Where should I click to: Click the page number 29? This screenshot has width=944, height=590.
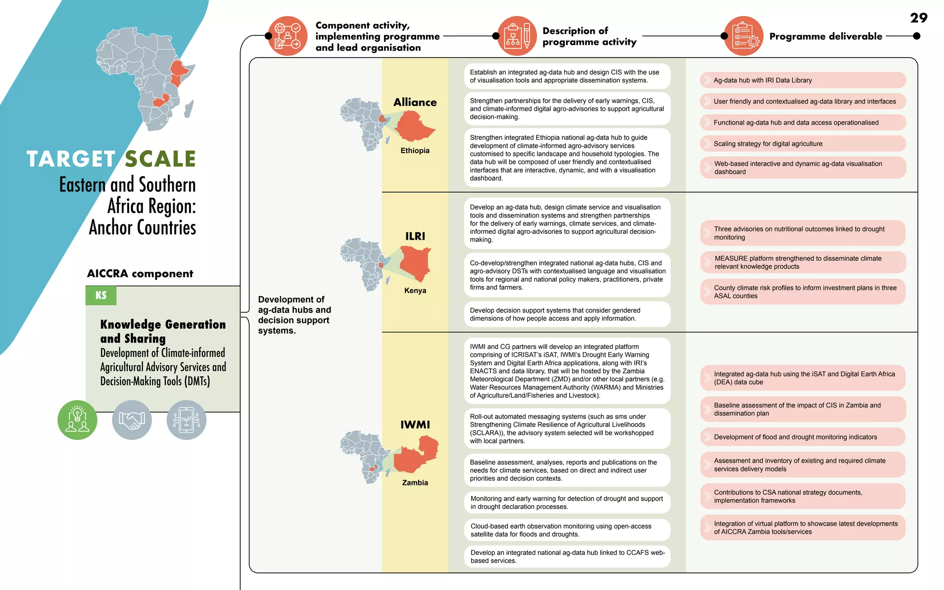[918, 18]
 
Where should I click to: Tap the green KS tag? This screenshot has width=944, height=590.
[101, 295]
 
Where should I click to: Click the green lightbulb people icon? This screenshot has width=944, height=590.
[77, 420]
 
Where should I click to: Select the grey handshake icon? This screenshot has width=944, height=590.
[132, 420]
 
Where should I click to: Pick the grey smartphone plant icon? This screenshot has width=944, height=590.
[186, 420]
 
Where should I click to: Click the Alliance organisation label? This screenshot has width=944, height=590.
[415, 102]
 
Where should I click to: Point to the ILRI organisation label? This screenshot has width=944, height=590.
[415, 236]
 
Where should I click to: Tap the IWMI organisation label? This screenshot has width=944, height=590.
[415, 425]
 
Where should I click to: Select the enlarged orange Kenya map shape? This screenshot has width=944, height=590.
[415, 263]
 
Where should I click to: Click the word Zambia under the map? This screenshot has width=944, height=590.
[415, 483]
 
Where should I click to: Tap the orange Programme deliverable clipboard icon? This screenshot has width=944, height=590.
[743, 36]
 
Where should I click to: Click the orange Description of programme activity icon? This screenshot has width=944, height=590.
[517, 36]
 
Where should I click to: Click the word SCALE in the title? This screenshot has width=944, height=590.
[160, 159]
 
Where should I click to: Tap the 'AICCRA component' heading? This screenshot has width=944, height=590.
[140, 274]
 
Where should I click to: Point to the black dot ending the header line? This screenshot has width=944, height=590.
[917, 36]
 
